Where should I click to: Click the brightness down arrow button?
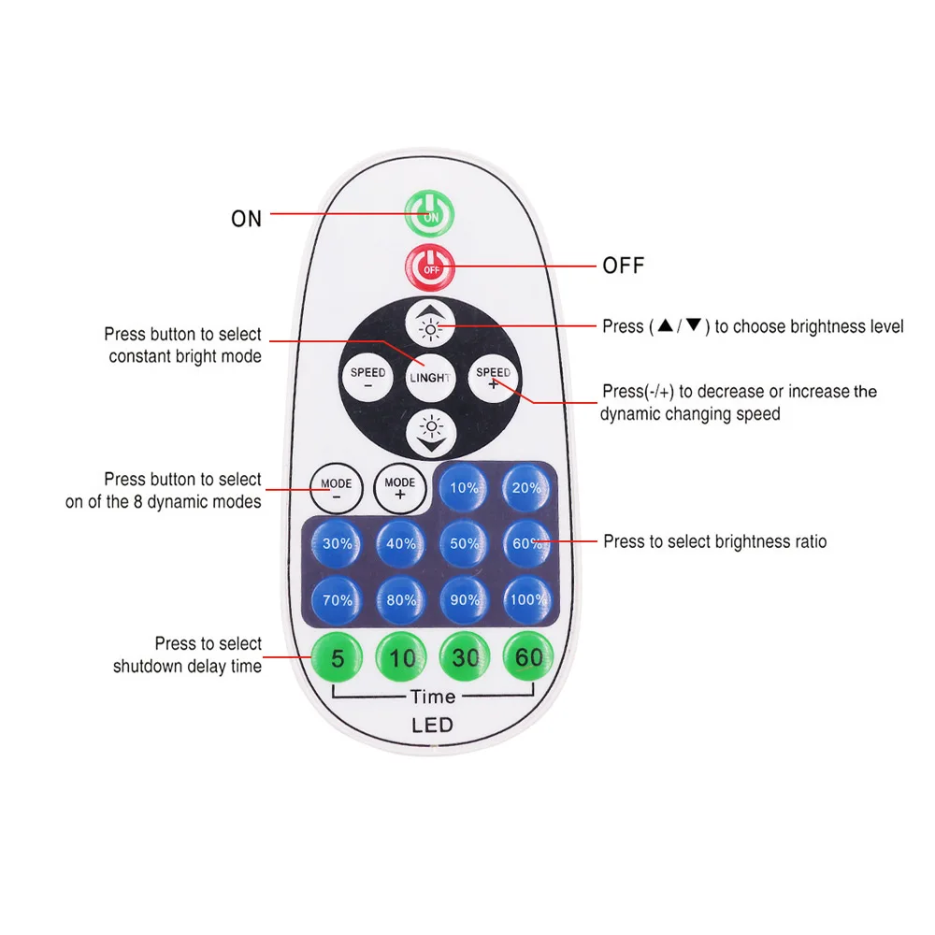[x=431, y=430]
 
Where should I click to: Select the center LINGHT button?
[x=430, y=378]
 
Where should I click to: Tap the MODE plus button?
[x=400, y=488]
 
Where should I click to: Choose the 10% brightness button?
[x=465, y=487]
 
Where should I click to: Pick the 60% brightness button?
[x=528, y=543]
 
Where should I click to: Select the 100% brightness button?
[x=528, y=600]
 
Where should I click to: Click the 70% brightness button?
[x=338, y=600]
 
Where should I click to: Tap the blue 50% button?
[x=465, y=543]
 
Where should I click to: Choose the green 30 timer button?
[x=465, y=658]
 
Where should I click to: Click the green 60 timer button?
[x=528, y=658]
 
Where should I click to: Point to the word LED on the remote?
[x=432, y=726]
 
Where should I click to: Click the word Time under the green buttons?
[x=433, y=697]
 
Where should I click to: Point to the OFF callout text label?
[x=623, y=266]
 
